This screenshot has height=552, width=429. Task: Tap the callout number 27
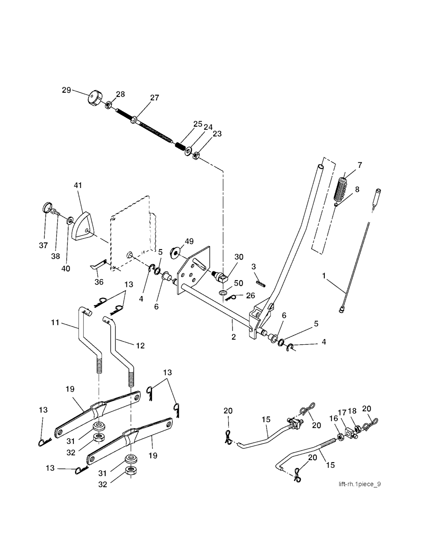[x=155, y=98]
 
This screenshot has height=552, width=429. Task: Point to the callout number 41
[x=78, y=185]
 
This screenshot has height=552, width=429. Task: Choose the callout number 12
[x=140, y=346]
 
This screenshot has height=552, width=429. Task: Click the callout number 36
[x=99, y=282]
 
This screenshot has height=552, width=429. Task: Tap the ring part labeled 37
[x=47, y=208]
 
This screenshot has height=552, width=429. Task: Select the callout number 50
[x=238, y=283]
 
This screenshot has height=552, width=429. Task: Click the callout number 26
[x=250, y=296]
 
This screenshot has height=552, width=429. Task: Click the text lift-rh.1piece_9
[x=359, y=484]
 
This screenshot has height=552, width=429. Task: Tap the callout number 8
[x=357, y=189]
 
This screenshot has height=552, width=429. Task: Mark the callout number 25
[x=198, y=124]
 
